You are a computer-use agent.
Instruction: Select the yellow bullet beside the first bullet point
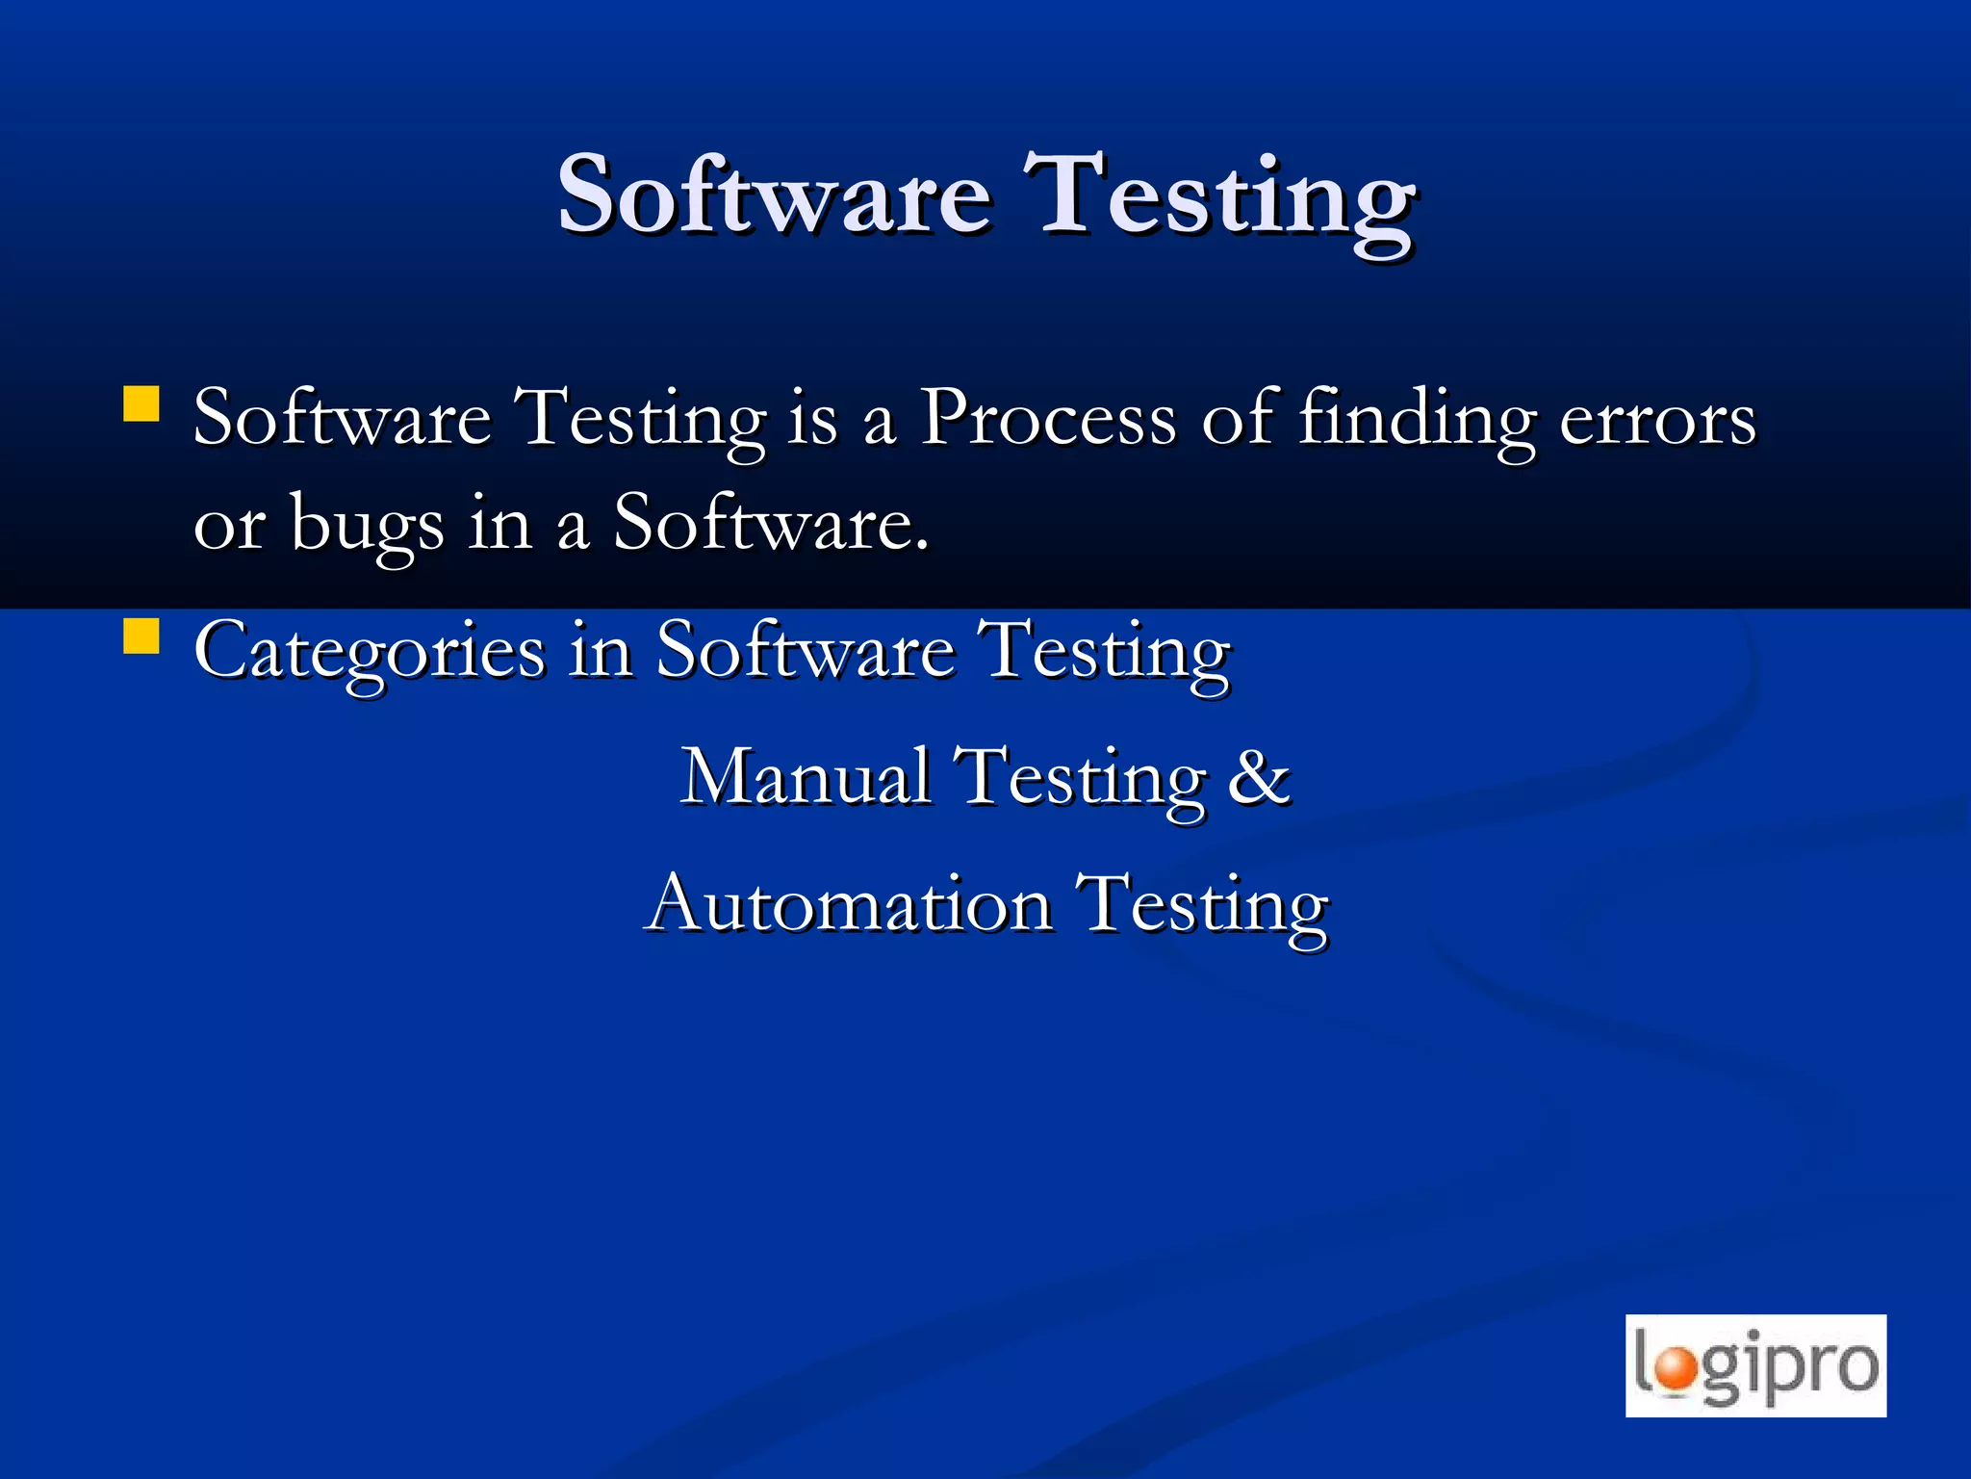(141, 404)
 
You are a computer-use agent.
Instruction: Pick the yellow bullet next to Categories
(141, 636)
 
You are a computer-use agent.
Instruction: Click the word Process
(1047, 419)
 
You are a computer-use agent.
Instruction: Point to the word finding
(1417, 421)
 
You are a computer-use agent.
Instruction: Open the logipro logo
(1755, 1365)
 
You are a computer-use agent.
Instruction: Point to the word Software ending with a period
(770, 524)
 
